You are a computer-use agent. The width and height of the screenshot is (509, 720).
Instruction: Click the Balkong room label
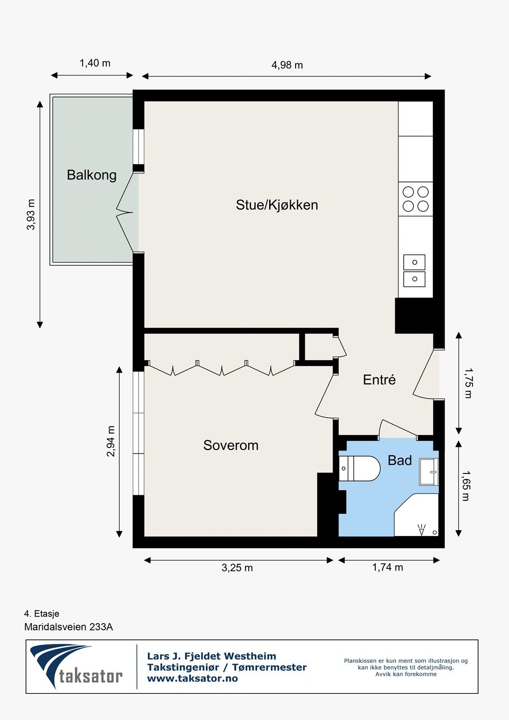click(92, 175)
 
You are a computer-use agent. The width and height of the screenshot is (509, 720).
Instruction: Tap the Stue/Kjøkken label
click(277, 205)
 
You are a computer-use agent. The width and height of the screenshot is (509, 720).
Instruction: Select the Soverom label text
click(231, 445)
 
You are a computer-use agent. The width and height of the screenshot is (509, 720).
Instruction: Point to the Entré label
click(379, 380)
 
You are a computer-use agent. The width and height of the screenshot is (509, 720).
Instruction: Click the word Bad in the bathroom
click(400, 460)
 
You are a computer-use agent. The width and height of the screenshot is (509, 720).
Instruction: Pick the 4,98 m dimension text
click(287, 65)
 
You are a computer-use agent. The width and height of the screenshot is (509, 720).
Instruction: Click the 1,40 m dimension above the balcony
click(95, 63)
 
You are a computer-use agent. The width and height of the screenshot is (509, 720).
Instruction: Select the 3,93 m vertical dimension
click(31, 215)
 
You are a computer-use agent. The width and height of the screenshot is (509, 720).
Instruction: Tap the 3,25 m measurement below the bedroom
click(237, 568)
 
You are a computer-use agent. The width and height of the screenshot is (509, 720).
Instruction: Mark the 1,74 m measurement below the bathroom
click(387, 567)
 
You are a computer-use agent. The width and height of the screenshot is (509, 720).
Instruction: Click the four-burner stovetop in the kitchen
click(415, 199)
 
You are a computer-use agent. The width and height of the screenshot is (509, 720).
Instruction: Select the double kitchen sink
click(414, 270)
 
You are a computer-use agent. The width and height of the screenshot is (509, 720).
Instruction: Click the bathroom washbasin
click(428, 472)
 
